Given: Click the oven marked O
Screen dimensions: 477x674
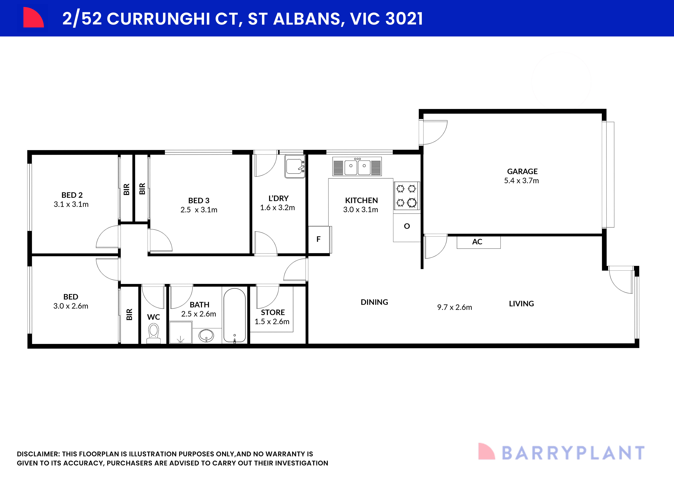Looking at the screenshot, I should (x=407, y=226).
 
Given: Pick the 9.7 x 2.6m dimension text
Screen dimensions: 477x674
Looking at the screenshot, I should (x=454, y=307).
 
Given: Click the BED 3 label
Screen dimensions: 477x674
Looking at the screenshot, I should (x=199, y=201).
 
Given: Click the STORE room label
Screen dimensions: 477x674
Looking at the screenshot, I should (x=273, y=312).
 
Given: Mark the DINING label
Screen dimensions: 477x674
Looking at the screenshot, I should (x=374, y=302).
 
